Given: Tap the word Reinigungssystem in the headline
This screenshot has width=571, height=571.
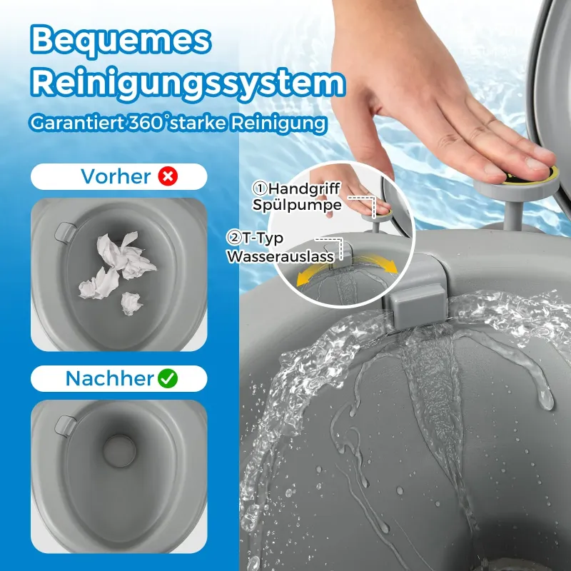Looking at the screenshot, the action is coord(188,84).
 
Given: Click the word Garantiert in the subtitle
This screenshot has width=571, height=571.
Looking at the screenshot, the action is coord(77,123).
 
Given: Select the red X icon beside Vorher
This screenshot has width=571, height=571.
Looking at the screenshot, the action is coord(168,176).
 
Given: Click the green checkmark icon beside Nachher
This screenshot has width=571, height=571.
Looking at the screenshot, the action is coord(168,379).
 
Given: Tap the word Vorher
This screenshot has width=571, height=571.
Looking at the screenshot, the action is coord(116,176).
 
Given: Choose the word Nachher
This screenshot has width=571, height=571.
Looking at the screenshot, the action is coord(110,379).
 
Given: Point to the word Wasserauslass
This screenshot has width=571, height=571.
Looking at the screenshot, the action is coord(281,256).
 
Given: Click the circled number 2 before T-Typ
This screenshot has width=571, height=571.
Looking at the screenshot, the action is coord(233,238).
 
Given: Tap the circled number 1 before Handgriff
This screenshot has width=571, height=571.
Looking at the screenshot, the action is coord(260,188).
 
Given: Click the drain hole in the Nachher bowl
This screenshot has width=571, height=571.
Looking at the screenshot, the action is coord(119,451).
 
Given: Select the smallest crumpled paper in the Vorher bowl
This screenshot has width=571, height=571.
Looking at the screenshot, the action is coord(131,303).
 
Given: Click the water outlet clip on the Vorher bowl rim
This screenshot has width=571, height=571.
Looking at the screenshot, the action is coord(65,231).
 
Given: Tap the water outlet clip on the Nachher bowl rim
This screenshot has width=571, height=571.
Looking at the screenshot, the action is coord(65,425).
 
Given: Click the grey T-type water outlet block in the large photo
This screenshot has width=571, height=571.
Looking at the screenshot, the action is coord(418,306).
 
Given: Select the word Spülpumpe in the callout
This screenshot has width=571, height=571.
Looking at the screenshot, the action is coord(297,205).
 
